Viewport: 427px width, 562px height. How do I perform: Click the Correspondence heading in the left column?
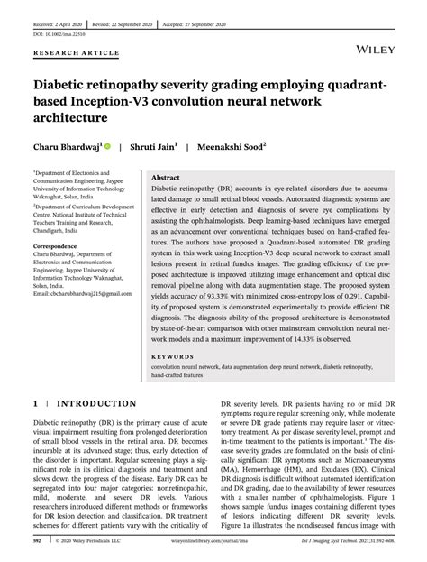pos(60,244)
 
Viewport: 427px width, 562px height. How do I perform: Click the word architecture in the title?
pos(70,116)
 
